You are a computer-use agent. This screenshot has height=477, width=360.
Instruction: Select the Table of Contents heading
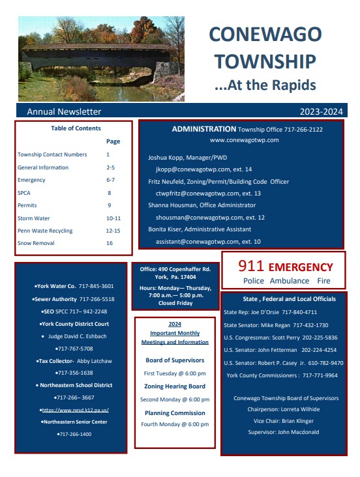[x=76, y=128]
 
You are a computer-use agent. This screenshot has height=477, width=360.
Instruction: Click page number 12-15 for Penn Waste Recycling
[x=113, y=231]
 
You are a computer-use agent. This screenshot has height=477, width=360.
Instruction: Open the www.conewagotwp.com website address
[x=244, y=140]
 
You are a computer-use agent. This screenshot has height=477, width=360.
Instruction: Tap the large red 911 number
[x=250, y=266]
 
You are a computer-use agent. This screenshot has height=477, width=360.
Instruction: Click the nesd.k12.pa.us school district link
[x=75, y=410]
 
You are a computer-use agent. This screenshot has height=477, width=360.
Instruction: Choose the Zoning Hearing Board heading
[x=174, y=386]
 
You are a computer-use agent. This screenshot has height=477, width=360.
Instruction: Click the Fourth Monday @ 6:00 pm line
[x=174, y=424]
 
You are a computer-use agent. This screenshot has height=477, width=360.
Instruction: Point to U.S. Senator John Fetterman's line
[x=280, y=350]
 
